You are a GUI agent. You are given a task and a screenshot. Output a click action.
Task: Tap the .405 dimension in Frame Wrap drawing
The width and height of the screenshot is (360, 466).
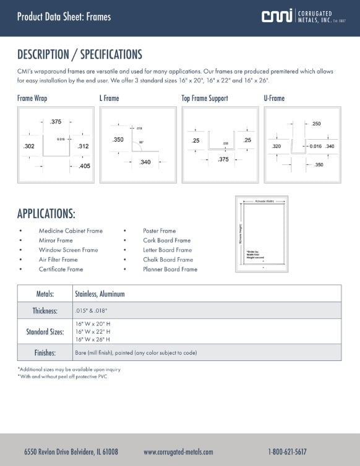pos(85,166)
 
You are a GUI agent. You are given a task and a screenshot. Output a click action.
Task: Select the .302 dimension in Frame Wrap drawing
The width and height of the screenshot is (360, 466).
pos(28,146)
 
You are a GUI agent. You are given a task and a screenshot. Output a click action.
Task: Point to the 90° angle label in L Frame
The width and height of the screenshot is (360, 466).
pos(141,143)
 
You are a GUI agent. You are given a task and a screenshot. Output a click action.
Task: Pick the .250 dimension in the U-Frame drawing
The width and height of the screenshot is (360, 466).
pos(316,124)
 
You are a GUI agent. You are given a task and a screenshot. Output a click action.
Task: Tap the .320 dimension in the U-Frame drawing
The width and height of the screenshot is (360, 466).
pos(276,146)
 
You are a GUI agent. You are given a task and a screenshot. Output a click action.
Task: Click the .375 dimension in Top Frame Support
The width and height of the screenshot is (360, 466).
pos(223,159)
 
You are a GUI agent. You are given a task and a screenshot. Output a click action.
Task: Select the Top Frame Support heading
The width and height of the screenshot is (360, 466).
pos(204,98)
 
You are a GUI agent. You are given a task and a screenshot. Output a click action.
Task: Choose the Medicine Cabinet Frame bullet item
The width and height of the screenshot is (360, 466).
pos(71,231)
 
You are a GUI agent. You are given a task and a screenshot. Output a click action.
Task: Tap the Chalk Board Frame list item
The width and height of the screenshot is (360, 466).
pos(168,260)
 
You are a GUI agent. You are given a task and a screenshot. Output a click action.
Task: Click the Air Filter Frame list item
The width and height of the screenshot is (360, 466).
pos(58,260)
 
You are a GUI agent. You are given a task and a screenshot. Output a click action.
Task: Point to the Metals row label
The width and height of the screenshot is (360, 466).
pos(46,294)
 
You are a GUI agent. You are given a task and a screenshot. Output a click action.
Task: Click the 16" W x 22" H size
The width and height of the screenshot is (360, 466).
pos(92,332)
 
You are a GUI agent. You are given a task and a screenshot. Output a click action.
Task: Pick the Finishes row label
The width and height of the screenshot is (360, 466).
pos(46,353)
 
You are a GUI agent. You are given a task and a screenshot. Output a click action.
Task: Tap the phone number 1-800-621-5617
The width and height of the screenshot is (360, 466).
pos(287,452)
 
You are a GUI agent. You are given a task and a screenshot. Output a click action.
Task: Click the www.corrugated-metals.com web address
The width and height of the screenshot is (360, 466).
pos(178,452)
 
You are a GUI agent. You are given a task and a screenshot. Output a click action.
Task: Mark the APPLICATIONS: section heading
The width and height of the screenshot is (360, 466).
pos(46,214)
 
